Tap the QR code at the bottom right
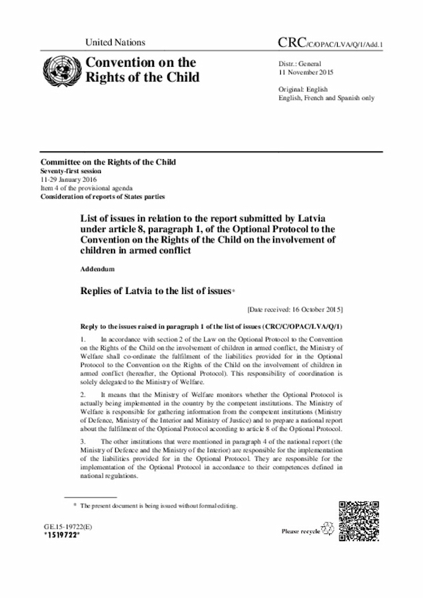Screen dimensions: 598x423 click(358, 521)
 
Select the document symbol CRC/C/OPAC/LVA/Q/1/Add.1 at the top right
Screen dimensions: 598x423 click(332, 44)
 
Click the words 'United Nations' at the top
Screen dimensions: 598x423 click(115, 43)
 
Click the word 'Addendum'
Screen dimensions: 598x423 click(97, 270)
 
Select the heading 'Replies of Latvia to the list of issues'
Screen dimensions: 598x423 click(155, 290)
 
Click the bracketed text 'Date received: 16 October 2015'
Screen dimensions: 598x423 click(294, 309)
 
